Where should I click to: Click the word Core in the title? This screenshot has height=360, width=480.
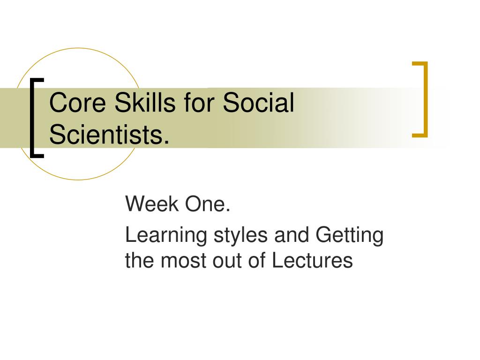[x=77, y=102]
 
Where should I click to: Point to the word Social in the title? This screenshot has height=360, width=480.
[x=258, y=102]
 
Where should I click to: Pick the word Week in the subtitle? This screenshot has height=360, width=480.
[x=152, y=203]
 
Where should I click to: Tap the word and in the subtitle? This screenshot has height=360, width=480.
[x=292, y=235]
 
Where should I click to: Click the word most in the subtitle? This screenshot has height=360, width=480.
[x=183, y=261]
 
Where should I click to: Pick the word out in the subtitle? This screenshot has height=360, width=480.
[x=227, y=261]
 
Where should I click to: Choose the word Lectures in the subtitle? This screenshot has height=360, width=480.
[x=312, y=260]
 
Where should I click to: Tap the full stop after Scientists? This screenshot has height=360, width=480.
[x=166, y=142]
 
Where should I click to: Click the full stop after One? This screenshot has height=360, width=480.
[x=227, y=210]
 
